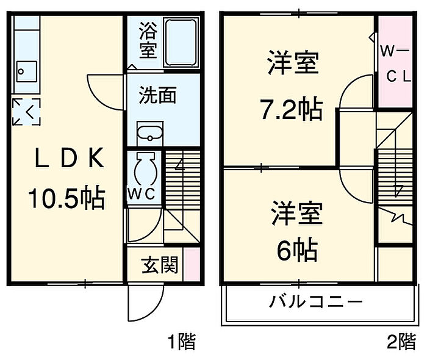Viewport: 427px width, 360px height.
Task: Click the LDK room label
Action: pos(67,160)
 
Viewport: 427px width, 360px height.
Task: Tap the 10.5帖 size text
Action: pos(66,198)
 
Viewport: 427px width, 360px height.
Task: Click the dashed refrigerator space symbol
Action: pos(26,111)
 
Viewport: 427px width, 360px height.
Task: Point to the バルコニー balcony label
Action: pos(317,302)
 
